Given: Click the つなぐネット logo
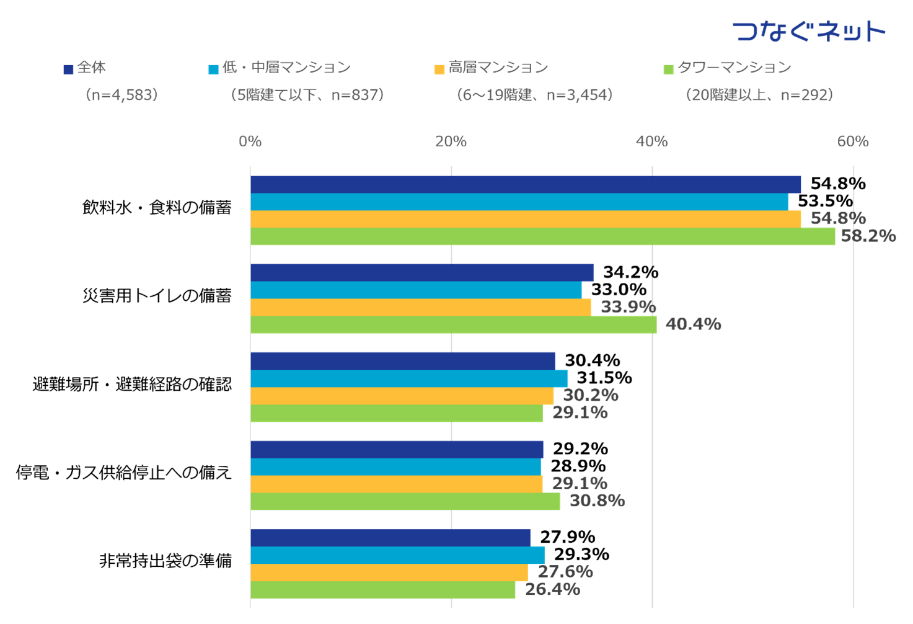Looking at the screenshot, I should click(x=809, y=30).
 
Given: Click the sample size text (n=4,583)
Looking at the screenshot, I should click(x=122, y=95).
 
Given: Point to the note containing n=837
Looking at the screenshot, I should click(x=307, y=95).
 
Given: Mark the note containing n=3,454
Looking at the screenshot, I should click(x=534, y=95).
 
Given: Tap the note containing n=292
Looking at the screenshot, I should click(x=759, y=95).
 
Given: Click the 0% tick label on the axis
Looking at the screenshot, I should click(x=250, y=141).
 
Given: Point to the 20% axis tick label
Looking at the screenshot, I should click(x=451, y=141).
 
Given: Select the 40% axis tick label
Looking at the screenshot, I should click(x=652, y=141).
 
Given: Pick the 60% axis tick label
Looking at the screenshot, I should click(x=853, y=141).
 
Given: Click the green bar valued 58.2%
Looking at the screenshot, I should click(x=543, y=236).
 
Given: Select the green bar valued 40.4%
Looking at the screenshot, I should click(x=454, y=325).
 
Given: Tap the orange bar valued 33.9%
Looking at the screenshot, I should click(x=421, y=307).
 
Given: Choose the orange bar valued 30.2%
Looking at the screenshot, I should click(x=402, y=396).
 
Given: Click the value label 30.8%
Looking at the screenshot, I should click(x=597, y=501).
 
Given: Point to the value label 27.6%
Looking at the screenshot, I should click(x=565, y=572).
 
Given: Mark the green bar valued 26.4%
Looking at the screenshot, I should click(x=383, y=590).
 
